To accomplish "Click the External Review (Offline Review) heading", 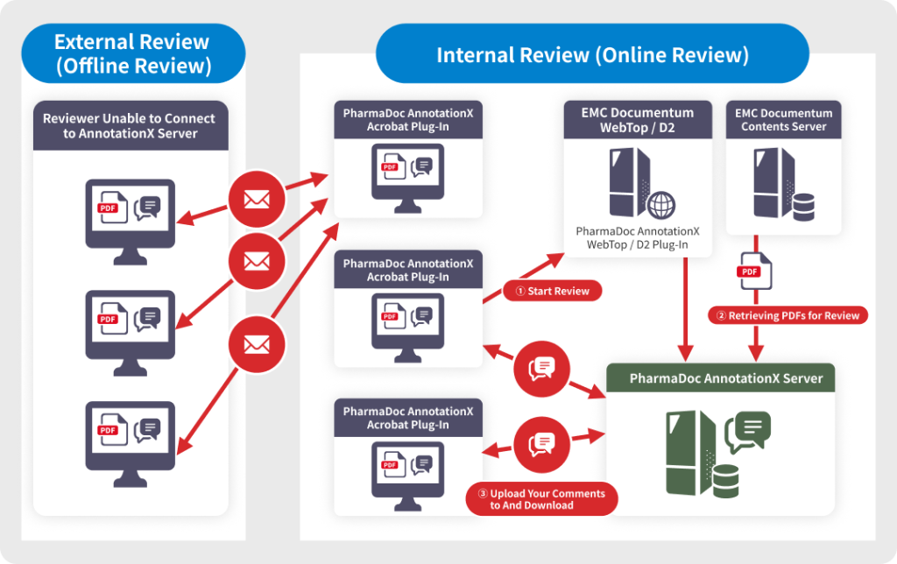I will pos(132,53).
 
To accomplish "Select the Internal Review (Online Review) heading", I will pos(592,56).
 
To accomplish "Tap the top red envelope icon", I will pos(256,199).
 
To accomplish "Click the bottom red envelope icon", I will pos(256,345).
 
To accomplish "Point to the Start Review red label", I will pos(552,291).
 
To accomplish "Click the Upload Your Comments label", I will pos(540,499).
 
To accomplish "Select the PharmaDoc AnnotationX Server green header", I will pos(726,378).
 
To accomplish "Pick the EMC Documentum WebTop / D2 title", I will pos(637,120).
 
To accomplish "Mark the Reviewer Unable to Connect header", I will pos(130,126).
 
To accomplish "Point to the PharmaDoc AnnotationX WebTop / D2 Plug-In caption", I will pos(637,237).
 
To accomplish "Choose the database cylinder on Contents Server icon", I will pos(802,208).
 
